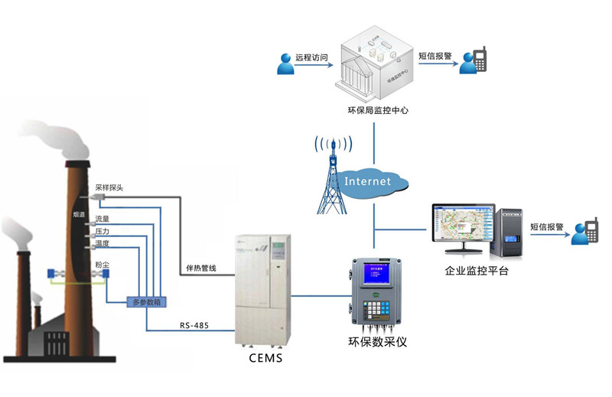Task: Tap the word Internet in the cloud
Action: point(367,181)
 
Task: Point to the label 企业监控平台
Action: point(477,271)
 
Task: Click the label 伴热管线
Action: point(202,268)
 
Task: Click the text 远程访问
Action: point(311,57)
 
